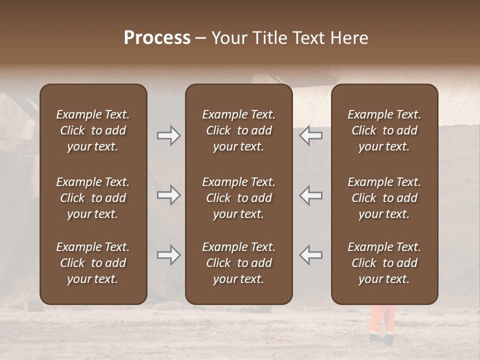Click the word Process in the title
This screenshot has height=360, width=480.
pos(157,38)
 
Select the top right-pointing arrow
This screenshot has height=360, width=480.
pos(168,135)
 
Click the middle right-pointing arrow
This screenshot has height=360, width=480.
pos(168,195)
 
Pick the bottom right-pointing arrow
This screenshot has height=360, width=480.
pos(168,255)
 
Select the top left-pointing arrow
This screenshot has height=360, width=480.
pos(311,135)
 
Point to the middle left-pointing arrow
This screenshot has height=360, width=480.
pos(311,195)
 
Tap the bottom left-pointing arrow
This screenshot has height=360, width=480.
pos(311,255)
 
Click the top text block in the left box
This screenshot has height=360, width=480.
pos(93,130)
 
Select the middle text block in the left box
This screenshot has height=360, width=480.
pos(93,198)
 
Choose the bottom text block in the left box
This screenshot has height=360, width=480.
pos(93,263)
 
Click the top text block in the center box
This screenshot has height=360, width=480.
pos(239,130)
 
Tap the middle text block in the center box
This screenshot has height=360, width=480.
pos(239,198)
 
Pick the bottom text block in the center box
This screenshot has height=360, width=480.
pos(239,263)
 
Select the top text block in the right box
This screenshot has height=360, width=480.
pos(384,130)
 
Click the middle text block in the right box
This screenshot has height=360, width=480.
pos(384,198)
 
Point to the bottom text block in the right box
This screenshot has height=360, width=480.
pos(384,263)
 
